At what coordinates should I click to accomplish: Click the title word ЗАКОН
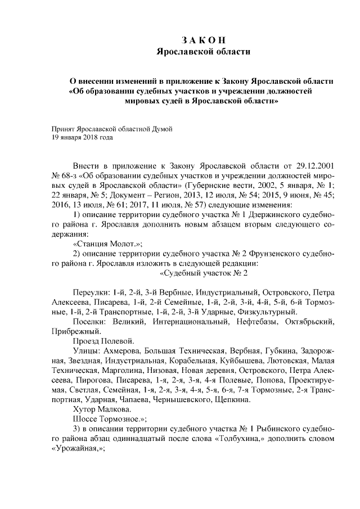tap(203, 40)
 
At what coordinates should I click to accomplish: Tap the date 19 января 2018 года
tap(83, 137)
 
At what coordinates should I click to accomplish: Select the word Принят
tap(63, 128)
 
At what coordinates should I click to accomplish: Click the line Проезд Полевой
tap(103, 341)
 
